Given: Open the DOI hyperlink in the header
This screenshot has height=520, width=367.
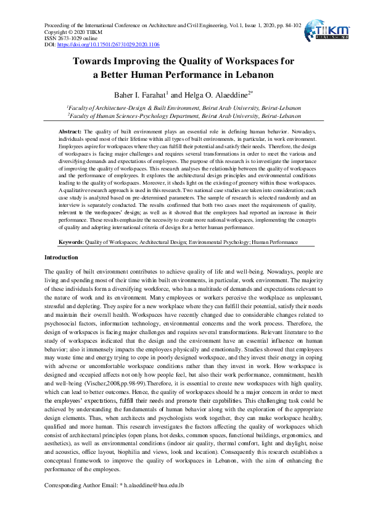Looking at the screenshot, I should point(108,45).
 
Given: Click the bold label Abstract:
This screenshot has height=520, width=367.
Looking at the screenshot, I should point(70,132).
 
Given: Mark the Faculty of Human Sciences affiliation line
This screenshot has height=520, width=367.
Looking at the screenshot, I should point(185,115).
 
